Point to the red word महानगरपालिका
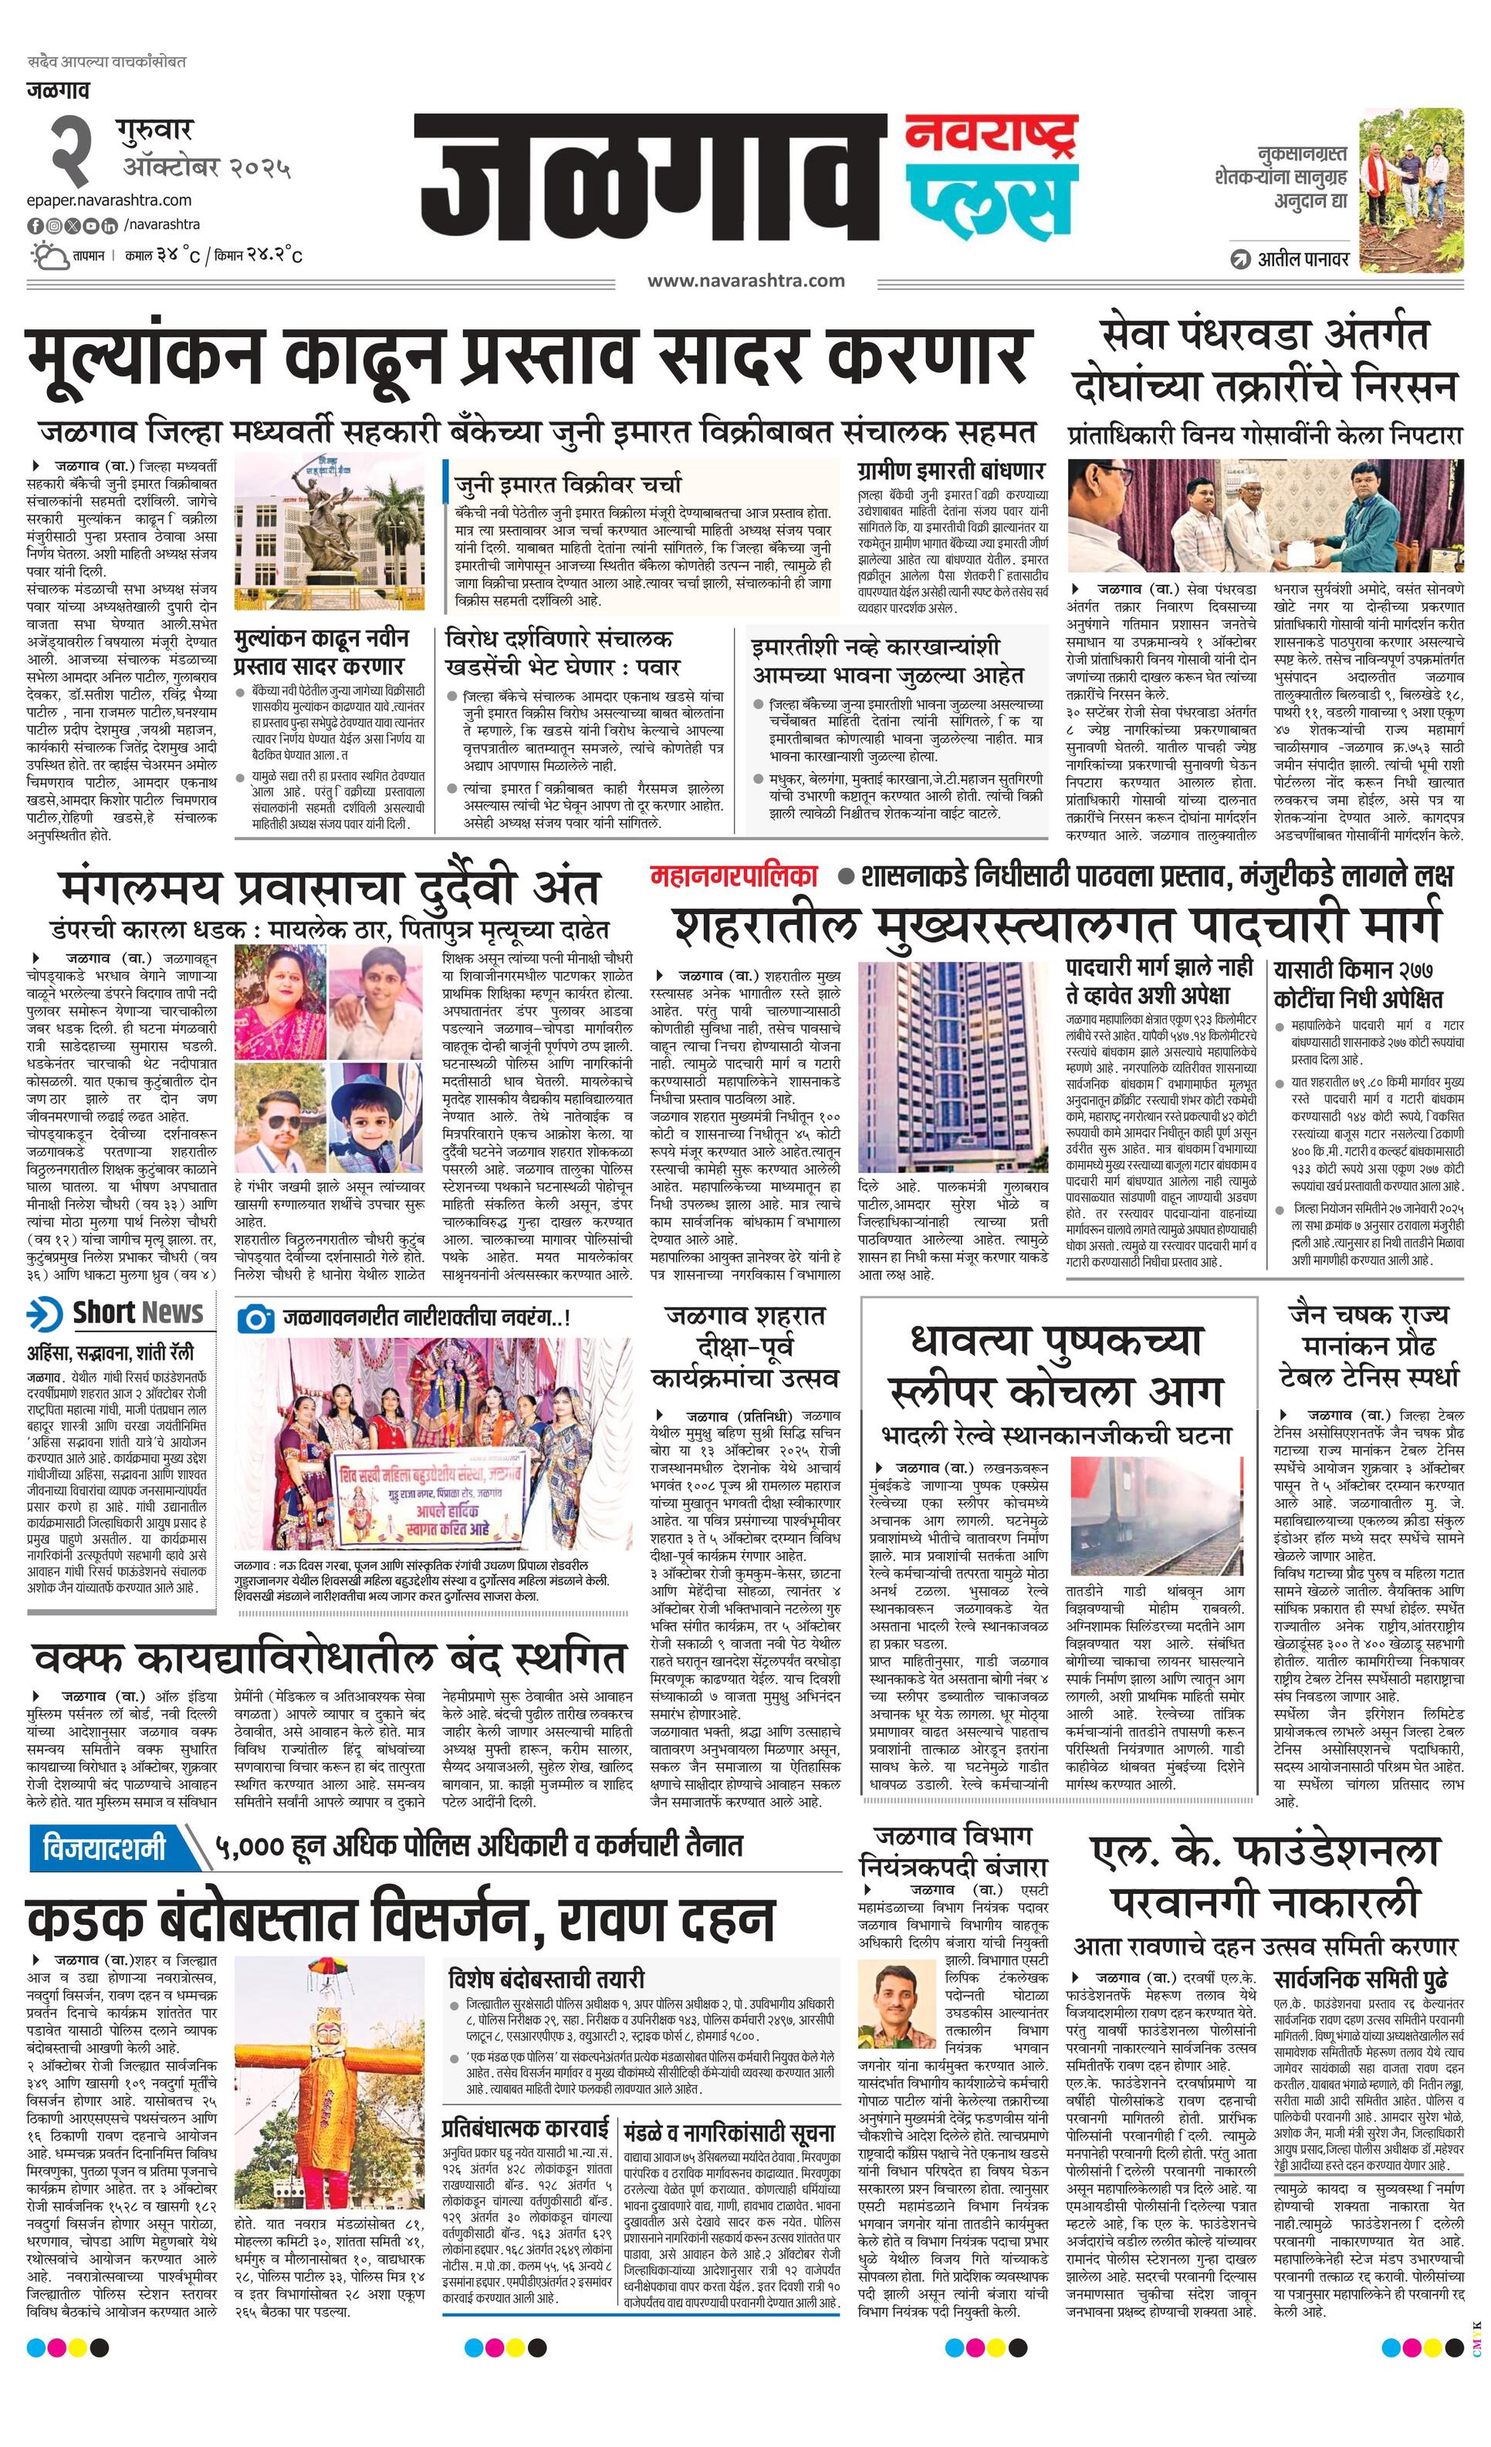733,875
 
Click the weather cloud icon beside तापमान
48,256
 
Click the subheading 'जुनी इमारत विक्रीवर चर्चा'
567,484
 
